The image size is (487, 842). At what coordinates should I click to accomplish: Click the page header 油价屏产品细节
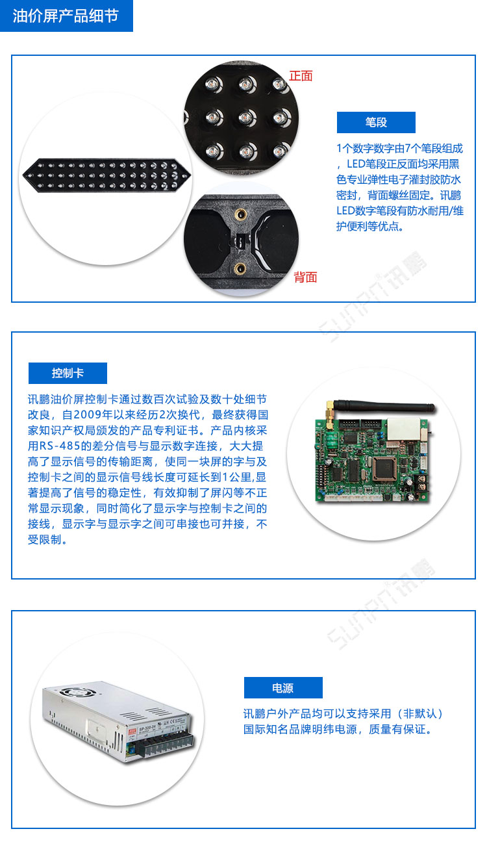pyautogui.click(x=66, y=16)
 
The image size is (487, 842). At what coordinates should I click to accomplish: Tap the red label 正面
pyautogui.click(x=301, y=76)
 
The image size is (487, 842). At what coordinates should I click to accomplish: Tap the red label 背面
pyautogui.click(x=305, y=277)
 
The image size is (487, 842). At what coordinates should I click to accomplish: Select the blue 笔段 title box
pyautogui.click(x=376, y=122)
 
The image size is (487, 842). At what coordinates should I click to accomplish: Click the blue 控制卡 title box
pyautogui.click(x=68, y=373)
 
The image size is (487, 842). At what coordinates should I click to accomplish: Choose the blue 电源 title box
pyautogui.click(x=283, y=687)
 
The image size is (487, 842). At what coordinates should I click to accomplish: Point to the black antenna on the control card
pyautogui.click(x=383, y=406)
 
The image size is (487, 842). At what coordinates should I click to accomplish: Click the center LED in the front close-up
pyautogui.click(x=247, y=118)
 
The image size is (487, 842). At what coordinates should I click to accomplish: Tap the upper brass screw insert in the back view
pyautogui.click(x=240, y=214)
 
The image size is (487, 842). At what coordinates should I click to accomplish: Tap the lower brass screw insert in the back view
pyautogui.click(x=240, y=268)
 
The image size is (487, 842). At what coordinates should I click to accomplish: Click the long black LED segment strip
pyautogui.click(x=106, y=175)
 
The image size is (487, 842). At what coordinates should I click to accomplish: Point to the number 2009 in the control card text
pyautogui.click(x=87, y=415)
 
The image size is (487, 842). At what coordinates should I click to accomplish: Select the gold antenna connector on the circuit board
pyautogui.click(x=329, y=415)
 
